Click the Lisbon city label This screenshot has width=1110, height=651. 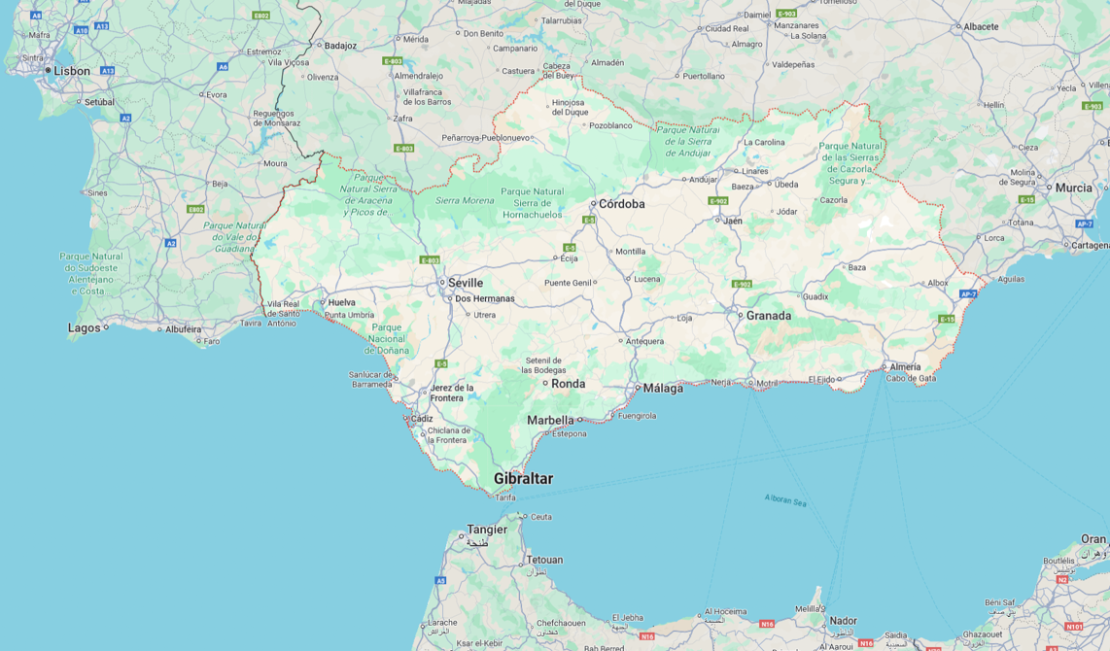[71, 71]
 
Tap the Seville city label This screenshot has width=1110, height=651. [465, 283]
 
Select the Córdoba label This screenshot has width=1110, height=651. [621, 204]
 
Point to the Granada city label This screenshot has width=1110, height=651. [768, 316]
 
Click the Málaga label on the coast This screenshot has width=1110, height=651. [663, 388]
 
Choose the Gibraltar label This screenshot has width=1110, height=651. [523, 479]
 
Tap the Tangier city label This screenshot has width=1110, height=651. [487, 530]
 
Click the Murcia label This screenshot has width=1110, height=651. [1073, 188]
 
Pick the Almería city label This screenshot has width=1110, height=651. [905, 367]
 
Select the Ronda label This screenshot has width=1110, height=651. [568, 384]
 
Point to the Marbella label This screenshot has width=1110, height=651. [550, 421]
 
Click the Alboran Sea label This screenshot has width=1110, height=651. [785, 501]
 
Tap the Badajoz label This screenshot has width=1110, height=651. [340, 46]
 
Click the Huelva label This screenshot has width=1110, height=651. [341, 302]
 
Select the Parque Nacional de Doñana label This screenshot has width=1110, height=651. [387, 338]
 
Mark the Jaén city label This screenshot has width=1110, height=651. [732, 221]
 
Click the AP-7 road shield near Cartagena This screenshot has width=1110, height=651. [1085, 223]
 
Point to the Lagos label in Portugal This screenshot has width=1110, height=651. [84, 328]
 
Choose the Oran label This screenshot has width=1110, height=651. [1093, 539]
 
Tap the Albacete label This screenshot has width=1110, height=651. [981, 26]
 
